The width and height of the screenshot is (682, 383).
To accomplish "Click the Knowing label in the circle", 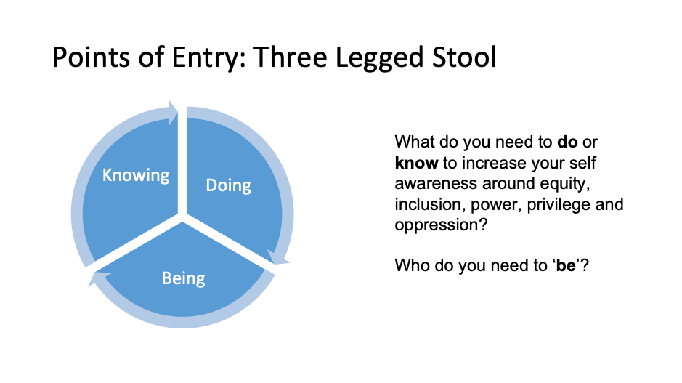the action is (136, 175).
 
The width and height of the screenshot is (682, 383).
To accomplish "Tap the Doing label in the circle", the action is (228, 185).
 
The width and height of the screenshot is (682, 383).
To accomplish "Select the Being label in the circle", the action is (183, 278).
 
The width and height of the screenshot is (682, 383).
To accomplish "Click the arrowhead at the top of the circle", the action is (173, 113).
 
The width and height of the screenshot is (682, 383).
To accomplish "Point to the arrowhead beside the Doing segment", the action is (278, 258).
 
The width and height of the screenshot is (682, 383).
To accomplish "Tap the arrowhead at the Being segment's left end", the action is (98, 278).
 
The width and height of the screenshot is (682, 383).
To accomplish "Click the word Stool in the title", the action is (464, 57).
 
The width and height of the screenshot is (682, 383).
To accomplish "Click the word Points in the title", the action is (91, 57).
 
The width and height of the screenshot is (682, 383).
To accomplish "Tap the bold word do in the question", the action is (567, 142).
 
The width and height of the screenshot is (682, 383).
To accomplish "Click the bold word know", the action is (416, 163).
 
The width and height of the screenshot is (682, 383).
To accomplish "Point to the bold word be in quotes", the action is (566, 265).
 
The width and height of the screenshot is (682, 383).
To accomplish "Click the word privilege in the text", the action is (559, 205).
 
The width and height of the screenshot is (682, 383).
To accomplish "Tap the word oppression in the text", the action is (441, 226).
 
